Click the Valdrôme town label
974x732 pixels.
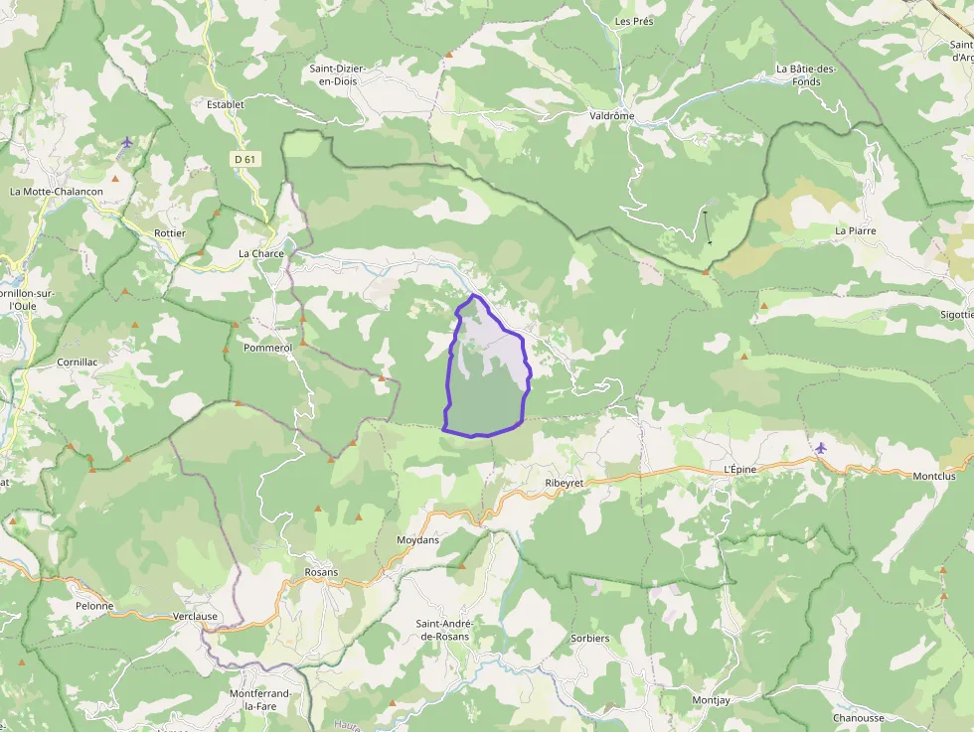(x=611, y=115)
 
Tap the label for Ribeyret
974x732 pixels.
(x=564, y=483)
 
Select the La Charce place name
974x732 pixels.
(x=261, y=253)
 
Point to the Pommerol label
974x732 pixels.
(x=267, y=349)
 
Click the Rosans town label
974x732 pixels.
(x=321, y=572)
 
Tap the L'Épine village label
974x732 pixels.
(x=740, y=469)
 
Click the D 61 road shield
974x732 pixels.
(x=244, y=159)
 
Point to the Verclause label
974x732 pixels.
(x=195, y=616)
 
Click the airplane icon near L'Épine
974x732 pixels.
(x=819, y=448)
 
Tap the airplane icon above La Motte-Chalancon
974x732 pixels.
(x=126, y=142)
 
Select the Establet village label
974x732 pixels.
(x=225, y=103)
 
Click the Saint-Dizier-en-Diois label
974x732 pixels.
(x=338, y=74)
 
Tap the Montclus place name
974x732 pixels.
(x=933, y=476)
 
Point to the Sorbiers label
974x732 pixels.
(x=590, y=638)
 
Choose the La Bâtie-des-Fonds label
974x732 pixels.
(x=806, y=74)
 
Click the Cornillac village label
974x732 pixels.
(x=78, y=363)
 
